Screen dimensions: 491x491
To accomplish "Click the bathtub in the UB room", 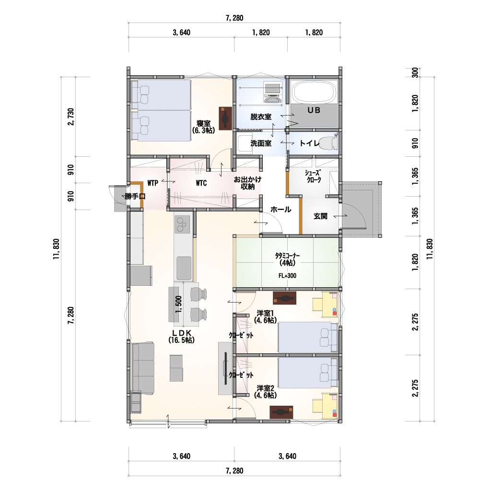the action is tap(314, 92).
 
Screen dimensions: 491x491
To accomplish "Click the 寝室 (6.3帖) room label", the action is tap(203, 127).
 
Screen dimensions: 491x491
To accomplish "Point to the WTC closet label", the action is tap(201, 183).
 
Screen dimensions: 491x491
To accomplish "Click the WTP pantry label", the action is tap(152, 183).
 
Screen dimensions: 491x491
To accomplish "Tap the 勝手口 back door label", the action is tap(135, 196).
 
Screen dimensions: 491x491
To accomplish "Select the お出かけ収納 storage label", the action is tap(247, 183).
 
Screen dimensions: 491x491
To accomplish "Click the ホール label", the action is tap(281, 210).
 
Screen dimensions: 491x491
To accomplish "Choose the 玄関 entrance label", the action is tap(320, 216).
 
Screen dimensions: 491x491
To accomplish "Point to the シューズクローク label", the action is tap(314, 176).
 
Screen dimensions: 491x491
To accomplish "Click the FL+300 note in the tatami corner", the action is tap(287, 276).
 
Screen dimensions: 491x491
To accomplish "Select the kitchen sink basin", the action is tap(184, 268).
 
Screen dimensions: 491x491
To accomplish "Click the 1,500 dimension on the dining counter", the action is tap(178, 304).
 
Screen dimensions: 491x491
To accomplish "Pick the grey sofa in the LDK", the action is tap(143, 368).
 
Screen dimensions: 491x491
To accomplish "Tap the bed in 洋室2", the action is tap(308, 373).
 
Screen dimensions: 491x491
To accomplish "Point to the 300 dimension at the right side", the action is tap(415, 73).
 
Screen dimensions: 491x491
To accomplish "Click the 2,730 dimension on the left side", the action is tap(71, 117).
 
